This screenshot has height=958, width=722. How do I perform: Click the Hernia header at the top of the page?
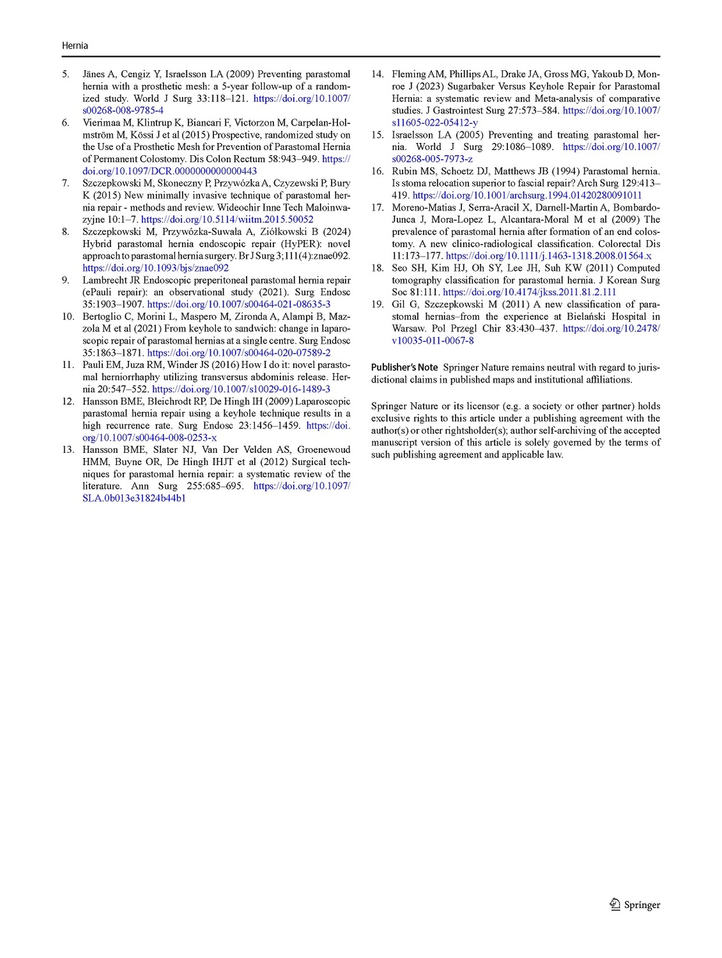75,45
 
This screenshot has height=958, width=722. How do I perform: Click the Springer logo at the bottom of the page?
634,904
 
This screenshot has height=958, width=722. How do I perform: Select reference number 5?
66,74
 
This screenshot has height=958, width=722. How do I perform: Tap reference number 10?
68,316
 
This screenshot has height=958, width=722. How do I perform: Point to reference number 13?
68,450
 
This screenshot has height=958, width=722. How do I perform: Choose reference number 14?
377,74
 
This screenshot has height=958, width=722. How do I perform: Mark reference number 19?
377,304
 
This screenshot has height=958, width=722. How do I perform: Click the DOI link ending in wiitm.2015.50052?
227,220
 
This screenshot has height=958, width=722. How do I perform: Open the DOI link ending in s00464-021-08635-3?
238,305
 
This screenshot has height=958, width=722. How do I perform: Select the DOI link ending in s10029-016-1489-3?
241,389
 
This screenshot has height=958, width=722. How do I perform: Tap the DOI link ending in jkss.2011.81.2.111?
529,292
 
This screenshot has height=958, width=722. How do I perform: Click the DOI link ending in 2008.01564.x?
548,256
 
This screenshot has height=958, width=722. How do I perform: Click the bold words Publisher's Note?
404,367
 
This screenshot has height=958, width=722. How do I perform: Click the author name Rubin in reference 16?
404,171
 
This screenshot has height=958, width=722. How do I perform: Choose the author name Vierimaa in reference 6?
102,123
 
